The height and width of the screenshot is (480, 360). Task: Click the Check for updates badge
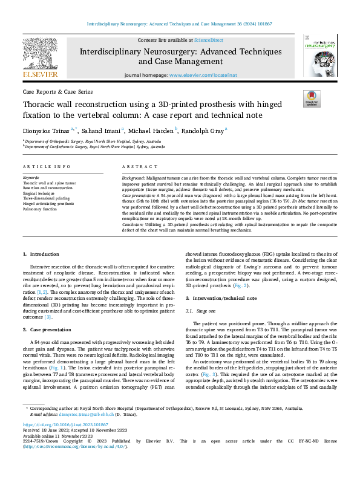pyautogui.click(x=310, y=99)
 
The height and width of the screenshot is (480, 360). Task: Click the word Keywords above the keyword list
pyautogui.click(x=31, y=178)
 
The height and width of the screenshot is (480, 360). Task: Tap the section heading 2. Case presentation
pyautogui.click(x=48, y=329)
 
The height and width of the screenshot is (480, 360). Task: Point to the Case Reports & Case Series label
pyautogui.click(x=57, y=91)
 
